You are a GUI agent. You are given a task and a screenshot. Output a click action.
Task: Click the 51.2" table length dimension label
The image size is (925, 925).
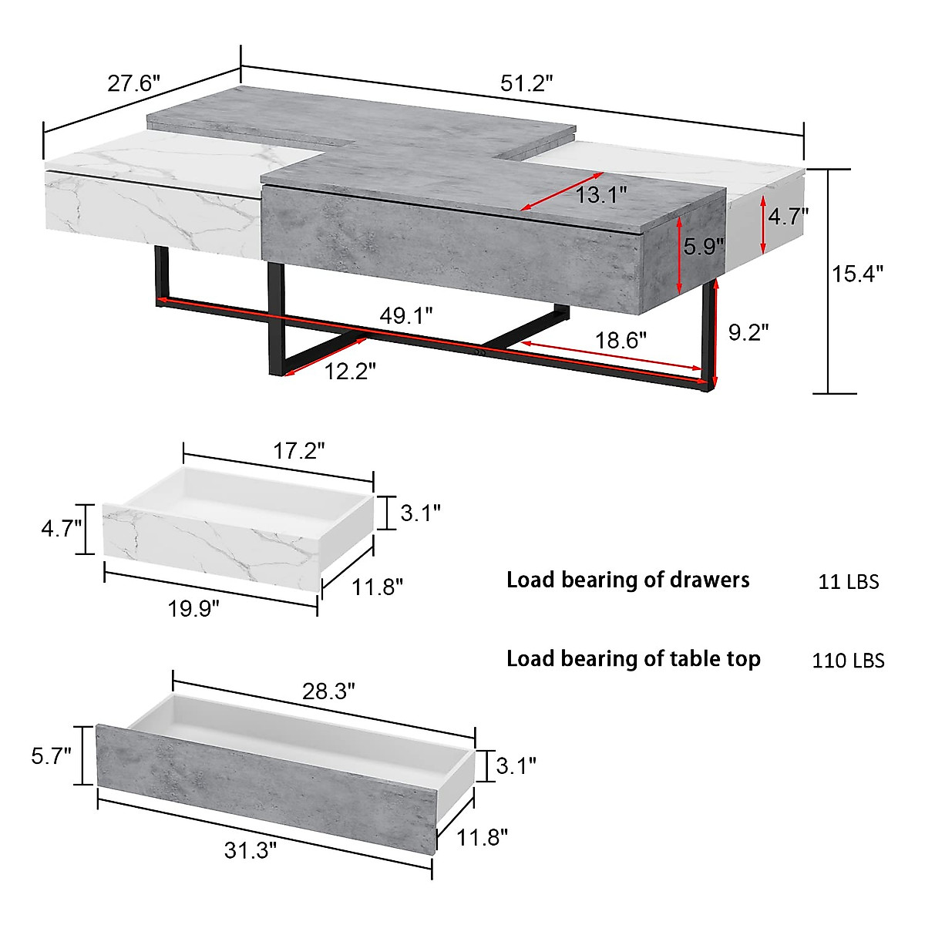point(526,83)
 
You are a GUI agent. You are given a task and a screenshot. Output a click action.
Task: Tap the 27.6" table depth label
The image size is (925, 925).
point(133,83)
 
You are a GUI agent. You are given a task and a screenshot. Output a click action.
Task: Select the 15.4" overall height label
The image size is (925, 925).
point(857,274)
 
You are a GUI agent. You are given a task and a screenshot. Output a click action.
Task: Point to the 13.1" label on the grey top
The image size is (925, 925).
point(601,195)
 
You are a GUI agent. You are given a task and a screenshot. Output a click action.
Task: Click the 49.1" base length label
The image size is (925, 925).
point(406,315)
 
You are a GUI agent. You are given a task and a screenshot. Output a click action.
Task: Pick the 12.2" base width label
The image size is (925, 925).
point(350,371)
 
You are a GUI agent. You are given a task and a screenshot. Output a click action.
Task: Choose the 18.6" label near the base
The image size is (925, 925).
point(621,341)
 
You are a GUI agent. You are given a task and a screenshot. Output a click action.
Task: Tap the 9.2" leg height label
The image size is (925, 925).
point(748,331)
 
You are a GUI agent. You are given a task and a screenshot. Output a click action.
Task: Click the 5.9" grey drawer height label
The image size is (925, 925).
point(704,246)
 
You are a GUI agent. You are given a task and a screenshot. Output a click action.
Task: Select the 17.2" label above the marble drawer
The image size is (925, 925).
point(299,451)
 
